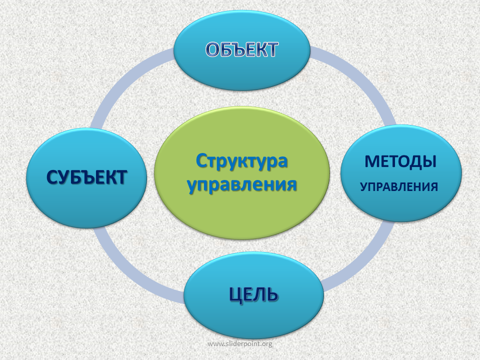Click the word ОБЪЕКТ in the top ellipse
(242, 49)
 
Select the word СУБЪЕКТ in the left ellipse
(86, 177)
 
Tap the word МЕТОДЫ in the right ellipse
(400, 161)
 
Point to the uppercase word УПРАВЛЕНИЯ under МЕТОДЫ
(399, 186)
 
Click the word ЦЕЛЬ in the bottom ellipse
(254, 295)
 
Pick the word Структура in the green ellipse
(242, 161)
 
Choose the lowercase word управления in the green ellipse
(242, 184)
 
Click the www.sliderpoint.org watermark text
(240, 344)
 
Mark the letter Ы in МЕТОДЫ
(429, 161)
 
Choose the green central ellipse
(242, 173)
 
